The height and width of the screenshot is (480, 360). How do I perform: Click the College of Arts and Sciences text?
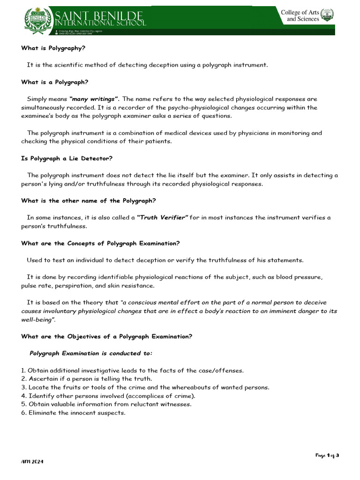tap(300, 15)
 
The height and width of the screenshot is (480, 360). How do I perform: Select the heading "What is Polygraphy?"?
tap(53, 48)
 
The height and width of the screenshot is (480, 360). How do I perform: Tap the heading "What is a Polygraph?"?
tap(55, 82)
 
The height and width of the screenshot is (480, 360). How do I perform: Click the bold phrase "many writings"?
tap(94, 99)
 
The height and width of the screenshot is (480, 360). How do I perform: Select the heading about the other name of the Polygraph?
tap(89, 201)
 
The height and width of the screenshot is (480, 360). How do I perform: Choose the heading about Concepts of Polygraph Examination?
tap(100, 243)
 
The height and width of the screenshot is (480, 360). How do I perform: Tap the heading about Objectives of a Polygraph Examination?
tap(106, 336)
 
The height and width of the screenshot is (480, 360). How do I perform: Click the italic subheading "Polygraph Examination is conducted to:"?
tap(91, 353)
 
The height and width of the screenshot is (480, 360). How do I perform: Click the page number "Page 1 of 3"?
tap(327, 455)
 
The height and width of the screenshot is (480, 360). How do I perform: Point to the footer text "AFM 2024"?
tap(32, 462)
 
